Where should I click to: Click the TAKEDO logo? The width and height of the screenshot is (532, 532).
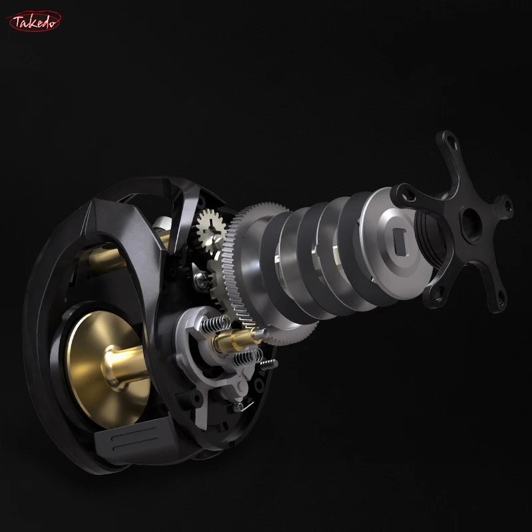tap(35, 21)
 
